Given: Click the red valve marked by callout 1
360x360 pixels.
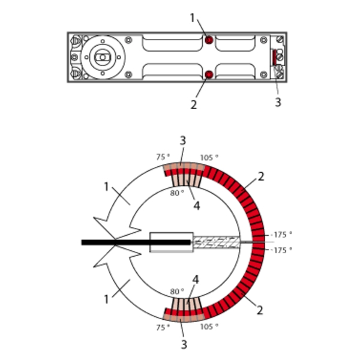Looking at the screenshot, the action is (x=209, y=40).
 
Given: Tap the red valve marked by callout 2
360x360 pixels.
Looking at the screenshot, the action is (x=209, y=74).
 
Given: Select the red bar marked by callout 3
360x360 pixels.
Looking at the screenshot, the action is (x=274, y=58).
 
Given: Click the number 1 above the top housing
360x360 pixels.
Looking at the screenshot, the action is (x=193, y=17).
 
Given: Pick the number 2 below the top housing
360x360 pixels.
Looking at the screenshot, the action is (x=194, y=104).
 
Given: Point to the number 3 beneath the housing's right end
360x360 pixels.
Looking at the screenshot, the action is (x=278, y=102).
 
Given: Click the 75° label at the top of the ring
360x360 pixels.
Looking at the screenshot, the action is (x=163, y=157).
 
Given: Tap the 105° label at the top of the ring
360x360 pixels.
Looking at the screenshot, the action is (x=209, y=157).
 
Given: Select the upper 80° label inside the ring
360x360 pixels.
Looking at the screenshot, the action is (x=177, y=193).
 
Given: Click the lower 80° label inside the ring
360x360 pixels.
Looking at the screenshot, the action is (x=177, y=292).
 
